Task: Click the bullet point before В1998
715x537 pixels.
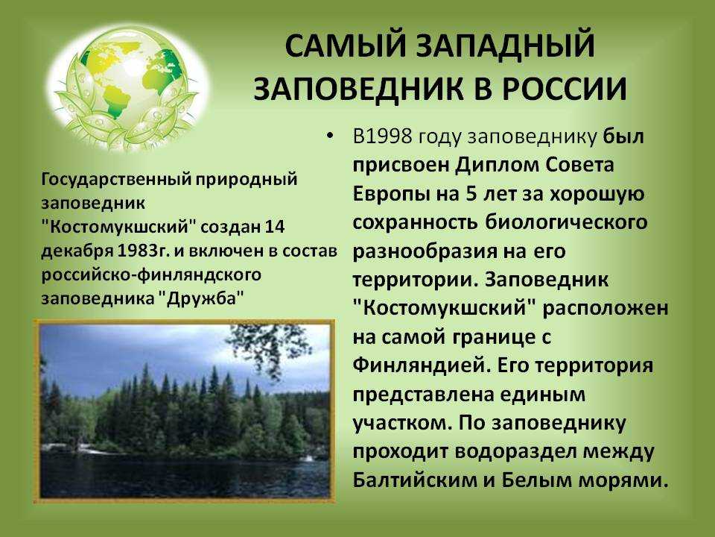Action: [x=330, y=136]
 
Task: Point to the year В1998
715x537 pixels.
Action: [x=382, y=136]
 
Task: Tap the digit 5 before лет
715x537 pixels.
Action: [x=471, y=194]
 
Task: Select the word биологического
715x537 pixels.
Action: [x=565, y=222]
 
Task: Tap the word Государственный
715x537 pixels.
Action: [x=114, y=179]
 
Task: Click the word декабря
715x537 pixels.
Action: [x=77, y=251]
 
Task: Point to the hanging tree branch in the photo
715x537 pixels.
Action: [x=264, y=347]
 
